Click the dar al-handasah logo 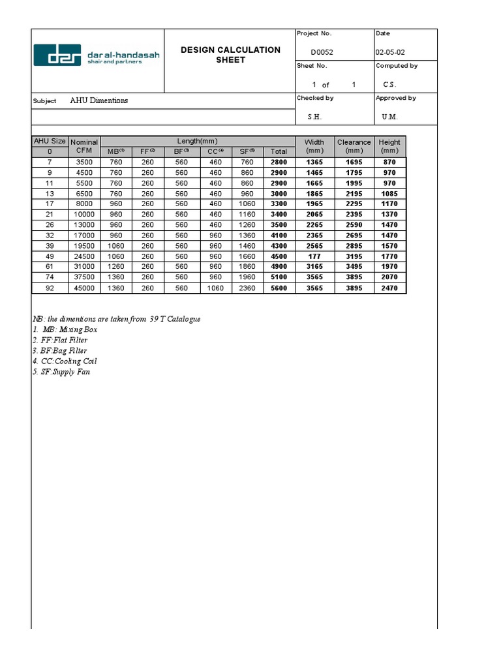(x=97, y=55)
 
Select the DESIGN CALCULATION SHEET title (x=230, y=55)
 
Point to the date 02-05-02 (x=393, y=53)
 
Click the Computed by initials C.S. (x=389, y=85)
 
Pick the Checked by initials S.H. (x=314, y=117)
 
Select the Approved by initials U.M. (x=390, y=117)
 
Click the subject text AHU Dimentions (x=99, y=101)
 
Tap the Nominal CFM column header (x=84, y=146)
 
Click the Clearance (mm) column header (x=354, y=146)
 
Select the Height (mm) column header (x=389, y=146)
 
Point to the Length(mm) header (x=197, y=141)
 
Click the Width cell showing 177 (x=314, y=256)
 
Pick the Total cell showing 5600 (x=279, y=288)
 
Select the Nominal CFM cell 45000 (x=85, y=288)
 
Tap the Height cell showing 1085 (x=389, y=194)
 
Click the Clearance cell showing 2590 (x=354, y=225)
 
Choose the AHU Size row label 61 (x=50, y=267)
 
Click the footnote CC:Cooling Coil (x=61, y=361)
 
